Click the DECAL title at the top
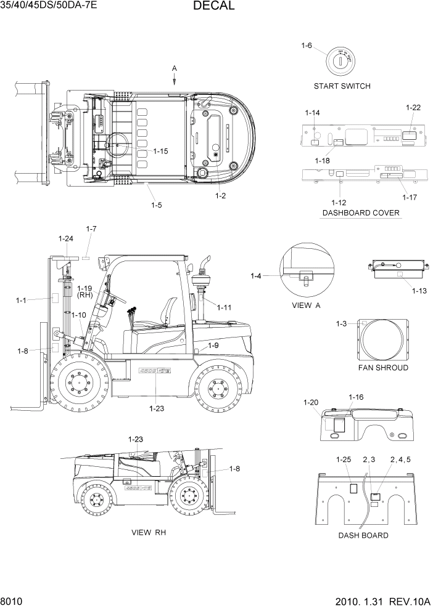click(213, 7)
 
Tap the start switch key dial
click(339, 61)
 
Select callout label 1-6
click(307, 46)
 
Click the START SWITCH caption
click(342, 86)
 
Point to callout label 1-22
click(413, 108)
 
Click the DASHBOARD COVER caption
click(360, 213)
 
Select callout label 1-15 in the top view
click(160, 151)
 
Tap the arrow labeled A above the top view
click(175, 78)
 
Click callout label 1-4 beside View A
click(256, 276)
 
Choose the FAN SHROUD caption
click(383, 368)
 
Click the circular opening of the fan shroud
click(383, 339)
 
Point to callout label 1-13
click(419, 290)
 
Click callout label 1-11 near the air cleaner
click(224, 307)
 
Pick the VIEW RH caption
click(149, 532)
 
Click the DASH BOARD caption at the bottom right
click(363, 535)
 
